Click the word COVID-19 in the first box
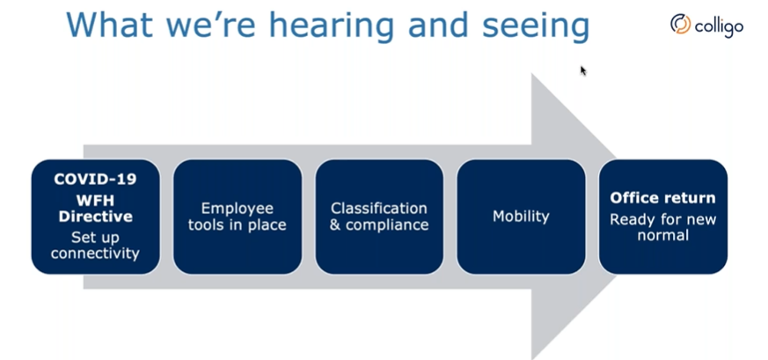(95, 180)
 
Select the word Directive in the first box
(96, 217)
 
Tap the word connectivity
(95, 253)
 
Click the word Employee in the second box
(237, 209)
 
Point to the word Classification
(378, 208)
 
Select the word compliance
(387, 224)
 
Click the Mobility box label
(521, 217)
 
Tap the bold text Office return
(662, 198)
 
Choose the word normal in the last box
(662, 235)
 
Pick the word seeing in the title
(536, 26)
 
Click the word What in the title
(109, 25)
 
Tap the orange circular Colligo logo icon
(680, 24)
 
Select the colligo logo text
(719, 26)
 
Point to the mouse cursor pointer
(583, 71)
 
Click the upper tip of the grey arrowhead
(532, 74)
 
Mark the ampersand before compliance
(335, 224)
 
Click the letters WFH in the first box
(96, 201)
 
